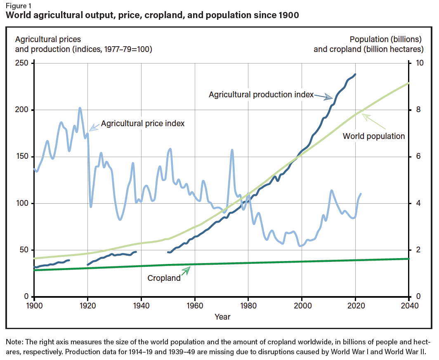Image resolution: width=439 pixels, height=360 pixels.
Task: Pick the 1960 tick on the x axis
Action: (195, 306)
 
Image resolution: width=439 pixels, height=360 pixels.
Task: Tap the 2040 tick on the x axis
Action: (408, 306)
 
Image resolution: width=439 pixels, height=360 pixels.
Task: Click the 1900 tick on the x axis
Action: (34, 306)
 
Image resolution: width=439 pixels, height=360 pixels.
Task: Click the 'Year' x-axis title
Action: (222, 317)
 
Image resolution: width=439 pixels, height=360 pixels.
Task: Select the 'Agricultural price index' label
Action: (143, 123)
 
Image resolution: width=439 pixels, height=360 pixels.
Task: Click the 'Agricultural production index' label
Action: (261, 94)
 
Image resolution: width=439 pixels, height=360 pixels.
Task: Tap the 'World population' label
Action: (374, 136)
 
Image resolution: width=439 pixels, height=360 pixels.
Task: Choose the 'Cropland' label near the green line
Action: (164, 278)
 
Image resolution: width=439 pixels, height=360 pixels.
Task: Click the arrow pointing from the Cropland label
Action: (186, 271)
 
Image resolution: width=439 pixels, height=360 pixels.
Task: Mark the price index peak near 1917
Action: (80, 108)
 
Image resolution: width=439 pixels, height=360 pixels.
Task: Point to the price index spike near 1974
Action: (232, 150)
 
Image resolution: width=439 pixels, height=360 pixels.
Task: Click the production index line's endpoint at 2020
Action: (355, 74)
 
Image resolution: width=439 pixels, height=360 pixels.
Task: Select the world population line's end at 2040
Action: (408, 83)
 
